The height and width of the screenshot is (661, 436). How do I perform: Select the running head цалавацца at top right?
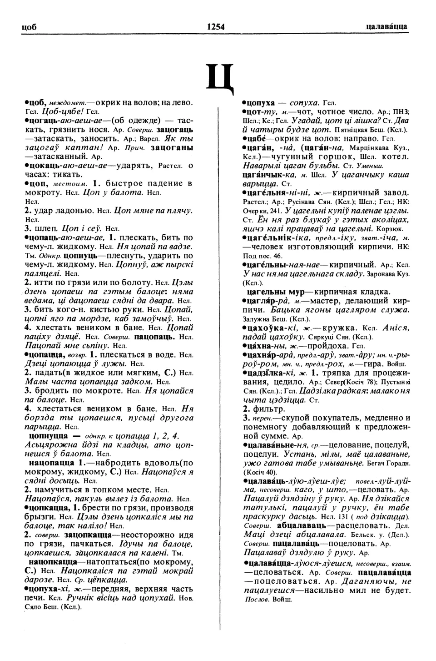coord(386,27)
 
